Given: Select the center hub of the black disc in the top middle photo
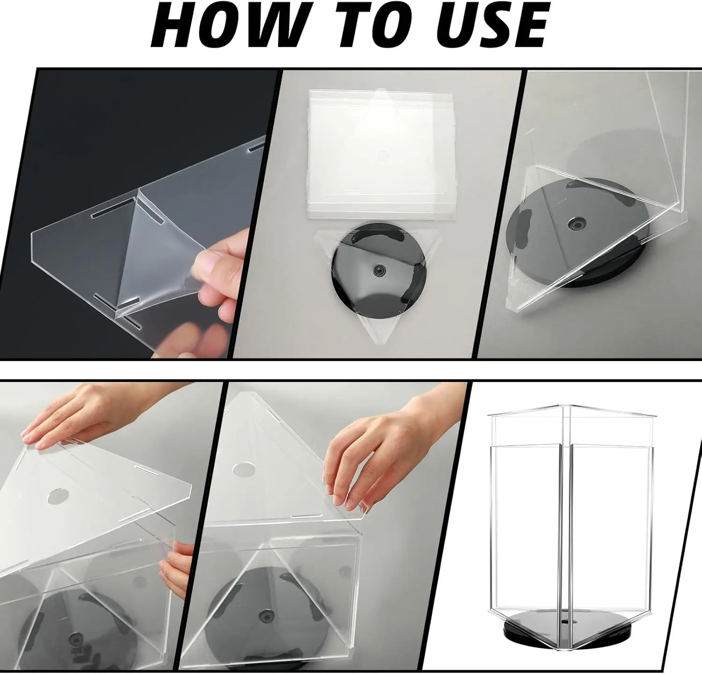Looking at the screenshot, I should pos(379,270).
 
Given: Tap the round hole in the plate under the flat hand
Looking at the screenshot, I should pos(57,496).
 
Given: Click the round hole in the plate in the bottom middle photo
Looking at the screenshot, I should pos(241,471).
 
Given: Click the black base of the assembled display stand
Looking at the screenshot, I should pos(562,629).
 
